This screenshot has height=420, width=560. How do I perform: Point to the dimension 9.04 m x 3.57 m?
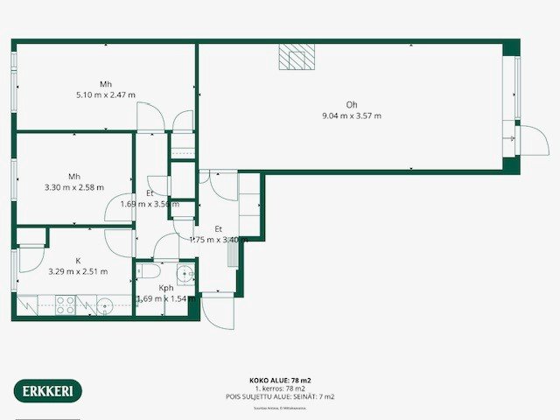point(352,115)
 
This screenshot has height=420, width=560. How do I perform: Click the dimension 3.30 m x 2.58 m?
point(74,186)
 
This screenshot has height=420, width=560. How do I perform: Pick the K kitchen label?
point(77,261)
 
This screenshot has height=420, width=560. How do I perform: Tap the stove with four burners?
point(66,304)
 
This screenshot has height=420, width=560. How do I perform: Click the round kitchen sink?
point(103,305)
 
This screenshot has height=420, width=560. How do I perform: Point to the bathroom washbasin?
point(184,271)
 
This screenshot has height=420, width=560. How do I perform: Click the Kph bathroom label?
point(165,288)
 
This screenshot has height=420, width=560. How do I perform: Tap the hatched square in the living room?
point(295,56)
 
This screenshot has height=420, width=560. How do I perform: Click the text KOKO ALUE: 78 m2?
point(280,381)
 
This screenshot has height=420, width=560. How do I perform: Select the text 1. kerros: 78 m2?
point(280,388)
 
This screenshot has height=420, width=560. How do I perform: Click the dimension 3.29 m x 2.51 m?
point(77,271)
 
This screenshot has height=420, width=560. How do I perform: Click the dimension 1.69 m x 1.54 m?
point(164,298)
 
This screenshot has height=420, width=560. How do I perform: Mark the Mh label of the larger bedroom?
point(105,84)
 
